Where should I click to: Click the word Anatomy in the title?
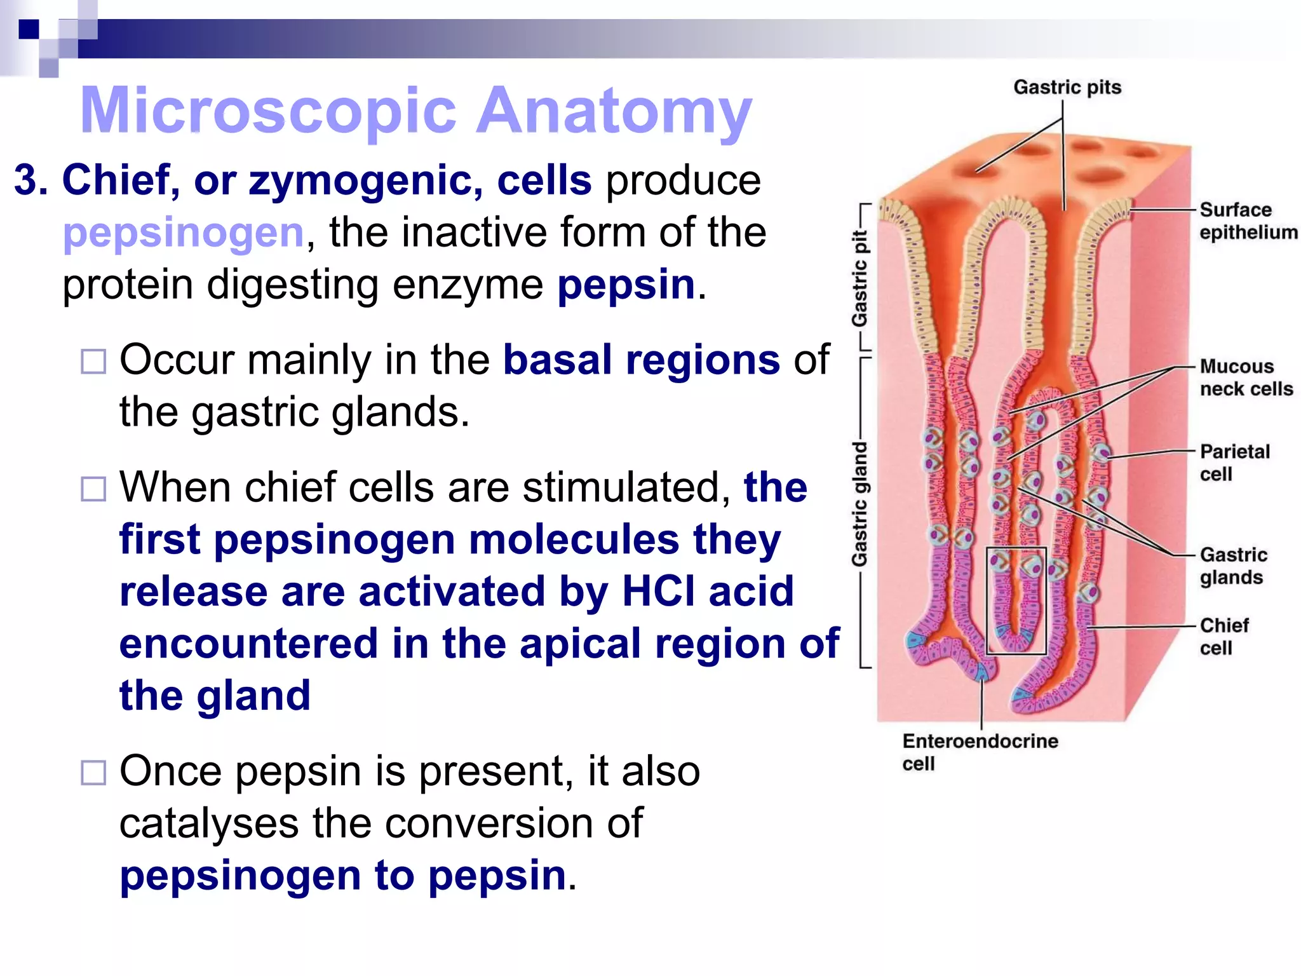614,111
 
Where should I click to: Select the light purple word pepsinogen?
184,233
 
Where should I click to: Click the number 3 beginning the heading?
30,180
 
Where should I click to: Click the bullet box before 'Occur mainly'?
93,362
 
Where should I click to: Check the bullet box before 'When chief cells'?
93,489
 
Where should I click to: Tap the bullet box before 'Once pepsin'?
93,773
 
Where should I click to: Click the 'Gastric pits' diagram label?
1067,87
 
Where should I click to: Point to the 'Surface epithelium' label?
1247,221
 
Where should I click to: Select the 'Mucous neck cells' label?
1245,377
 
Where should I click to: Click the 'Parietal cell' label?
1234,463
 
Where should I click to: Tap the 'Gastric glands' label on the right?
1232,566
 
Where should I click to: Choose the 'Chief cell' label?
1223,637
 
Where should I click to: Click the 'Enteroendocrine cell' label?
980,752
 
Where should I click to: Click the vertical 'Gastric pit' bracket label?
859,278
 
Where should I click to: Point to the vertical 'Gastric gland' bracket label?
859,503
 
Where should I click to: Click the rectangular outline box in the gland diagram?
1016,600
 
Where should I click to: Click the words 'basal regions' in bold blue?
641,360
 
